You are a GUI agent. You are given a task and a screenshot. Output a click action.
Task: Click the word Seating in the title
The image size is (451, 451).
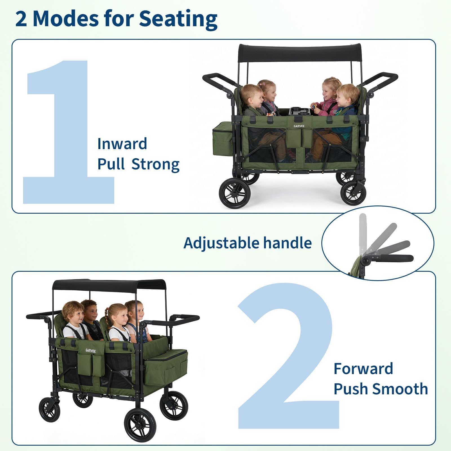pos(178,19)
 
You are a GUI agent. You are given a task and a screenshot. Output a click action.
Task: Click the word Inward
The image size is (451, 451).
pos(122,144)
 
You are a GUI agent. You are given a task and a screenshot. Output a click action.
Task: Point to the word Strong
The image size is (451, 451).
pos(156,165)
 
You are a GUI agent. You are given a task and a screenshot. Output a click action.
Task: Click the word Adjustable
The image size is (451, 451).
pos(221,243)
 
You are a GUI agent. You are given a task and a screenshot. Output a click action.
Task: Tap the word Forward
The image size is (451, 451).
pos(363,369)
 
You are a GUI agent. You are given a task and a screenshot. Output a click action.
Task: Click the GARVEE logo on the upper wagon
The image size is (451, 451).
pos(299,126)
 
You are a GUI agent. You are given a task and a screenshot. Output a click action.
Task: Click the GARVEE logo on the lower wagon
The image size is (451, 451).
pos(91,351)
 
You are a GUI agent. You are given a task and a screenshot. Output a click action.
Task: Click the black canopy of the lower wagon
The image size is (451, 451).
pos(109,285)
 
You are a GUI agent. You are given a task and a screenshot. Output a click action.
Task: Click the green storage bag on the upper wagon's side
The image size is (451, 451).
pos(223,139)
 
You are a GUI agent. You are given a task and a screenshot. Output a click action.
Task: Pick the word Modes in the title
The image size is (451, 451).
pos(66,19)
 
